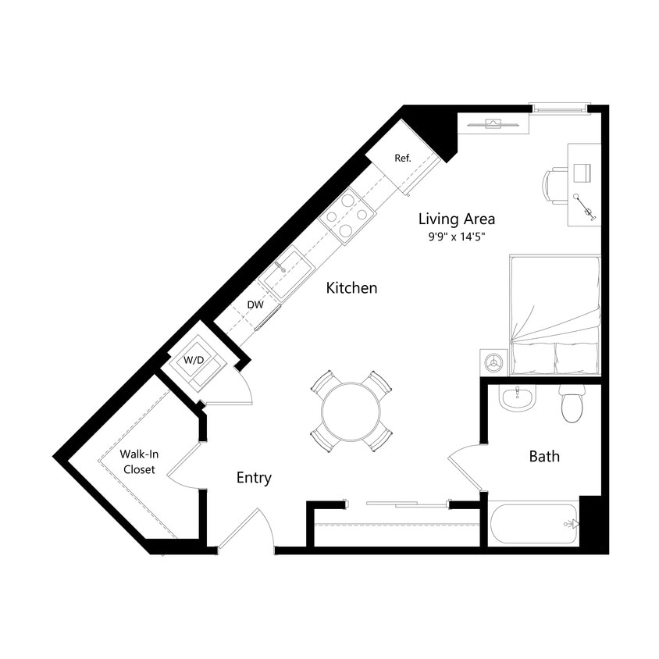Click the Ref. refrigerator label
pos(402,159)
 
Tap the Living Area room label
pos(457,219)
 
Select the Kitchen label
pos(351,288)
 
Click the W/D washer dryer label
pos(194,361)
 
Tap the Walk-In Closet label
pos(137,461)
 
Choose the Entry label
pos(254,478)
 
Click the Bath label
pos(544,456)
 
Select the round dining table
pos(351,411)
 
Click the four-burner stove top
pos(347,215)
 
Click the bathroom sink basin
pos(516,399)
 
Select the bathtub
pos(533,524)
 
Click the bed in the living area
pos(555,312)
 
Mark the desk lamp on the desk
pos(583,205)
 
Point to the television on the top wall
pos(494,123)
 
